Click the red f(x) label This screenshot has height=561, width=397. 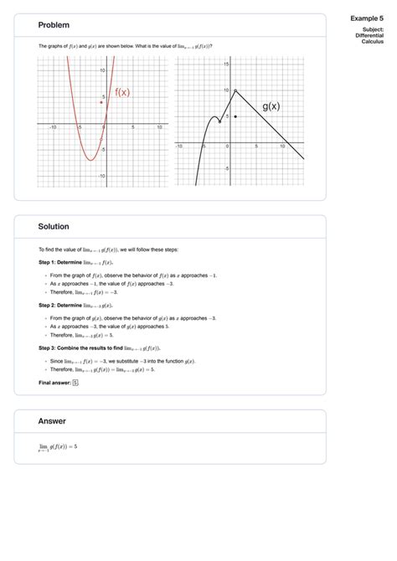point(122,92)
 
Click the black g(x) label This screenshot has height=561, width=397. point(271,106)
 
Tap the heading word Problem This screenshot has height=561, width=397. point(54,26)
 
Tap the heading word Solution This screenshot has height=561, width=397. point(54,227)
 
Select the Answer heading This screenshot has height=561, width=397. point(52,421)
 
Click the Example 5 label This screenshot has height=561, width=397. point(367,17)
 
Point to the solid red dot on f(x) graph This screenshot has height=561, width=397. point(101,102)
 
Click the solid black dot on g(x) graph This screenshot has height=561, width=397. point(235,116)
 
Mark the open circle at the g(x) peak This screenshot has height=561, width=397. point(235,90)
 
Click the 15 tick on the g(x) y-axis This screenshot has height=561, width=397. point(226,64)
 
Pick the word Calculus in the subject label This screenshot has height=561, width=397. point(373,42)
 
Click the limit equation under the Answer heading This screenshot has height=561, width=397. point(58,447)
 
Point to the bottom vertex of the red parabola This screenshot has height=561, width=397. point(90,160)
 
